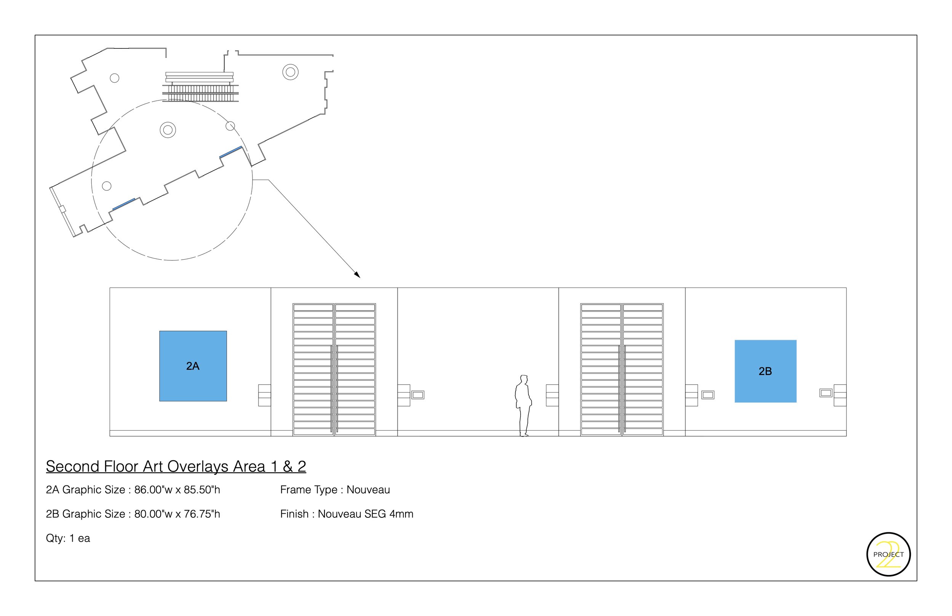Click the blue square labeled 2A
point(193,365)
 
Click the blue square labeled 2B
point(765,371)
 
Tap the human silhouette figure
point(523,405)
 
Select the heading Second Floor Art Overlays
point(176,466)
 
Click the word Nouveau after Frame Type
point(368,490)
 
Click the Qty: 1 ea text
point(68,538)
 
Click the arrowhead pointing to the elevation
point(357,274)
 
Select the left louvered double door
point(334,369)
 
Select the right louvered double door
point(621,369)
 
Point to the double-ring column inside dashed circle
point(168,130)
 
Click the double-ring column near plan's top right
point(291,72)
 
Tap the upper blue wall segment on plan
point(231,152)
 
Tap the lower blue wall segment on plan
point(124,204)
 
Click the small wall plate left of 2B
point(708,395)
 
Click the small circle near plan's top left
point(114,78)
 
